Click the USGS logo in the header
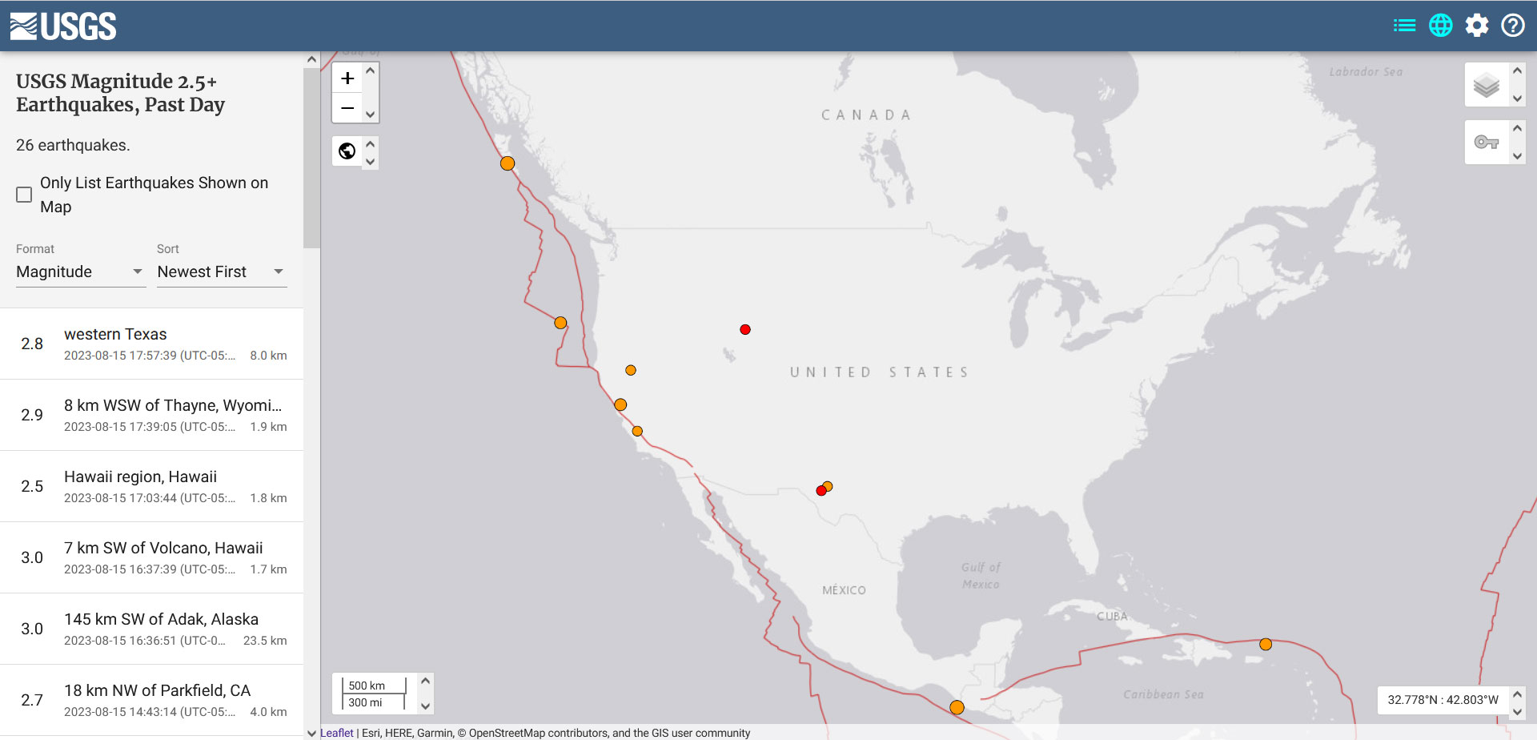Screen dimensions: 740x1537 [63, 26]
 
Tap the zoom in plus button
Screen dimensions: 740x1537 [347, 78]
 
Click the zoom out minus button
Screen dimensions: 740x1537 [347, 107]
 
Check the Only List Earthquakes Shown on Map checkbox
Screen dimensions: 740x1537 [24, 195]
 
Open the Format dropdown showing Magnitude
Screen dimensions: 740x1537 [79, 272]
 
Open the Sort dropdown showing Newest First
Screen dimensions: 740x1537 [221, 272]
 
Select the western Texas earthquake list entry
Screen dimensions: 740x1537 [152, 344]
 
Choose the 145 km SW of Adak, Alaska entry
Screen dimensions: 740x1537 [152, 629]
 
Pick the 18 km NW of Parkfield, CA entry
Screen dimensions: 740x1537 [152, 699]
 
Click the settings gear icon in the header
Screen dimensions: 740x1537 [1477, 26]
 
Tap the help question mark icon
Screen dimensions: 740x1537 [1512, 26]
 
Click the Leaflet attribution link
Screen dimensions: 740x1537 [337, 733]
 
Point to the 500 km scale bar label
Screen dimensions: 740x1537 [367, 686]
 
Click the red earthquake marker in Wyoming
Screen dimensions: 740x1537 [745, 330]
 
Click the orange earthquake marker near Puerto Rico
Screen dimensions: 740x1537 [1266, 644]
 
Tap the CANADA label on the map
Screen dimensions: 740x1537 [866, 115]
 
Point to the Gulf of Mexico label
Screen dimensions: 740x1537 [981, 575]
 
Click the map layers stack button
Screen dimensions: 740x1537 [1487, 85]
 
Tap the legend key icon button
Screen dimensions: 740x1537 [1487, 143]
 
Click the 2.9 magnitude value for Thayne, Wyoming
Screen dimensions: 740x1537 [32, 415]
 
